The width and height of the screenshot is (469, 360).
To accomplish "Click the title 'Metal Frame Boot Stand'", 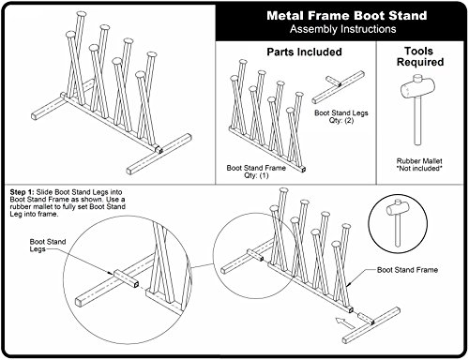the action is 347,15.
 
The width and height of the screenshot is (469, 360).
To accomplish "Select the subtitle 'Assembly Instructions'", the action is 342,29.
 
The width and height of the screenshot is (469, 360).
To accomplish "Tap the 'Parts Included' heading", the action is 304,52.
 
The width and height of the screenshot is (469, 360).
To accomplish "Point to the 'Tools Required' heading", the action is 420,56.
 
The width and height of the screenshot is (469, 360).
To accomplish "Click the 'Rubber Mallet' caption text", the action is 419,161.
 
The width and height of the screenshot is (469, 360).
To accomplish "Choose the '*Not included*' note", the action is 419,169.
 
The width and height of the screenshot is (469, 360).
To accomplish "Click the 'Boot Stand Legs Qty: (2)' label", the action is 341,116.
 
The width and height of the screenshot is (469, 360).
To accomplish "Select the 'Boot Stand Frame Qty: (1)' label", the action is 256,172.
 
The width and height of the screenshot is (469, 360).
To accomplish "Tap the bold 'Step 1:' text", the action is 22,192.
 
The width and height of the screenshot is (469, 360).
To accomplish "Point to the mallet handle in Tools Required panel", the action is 417,121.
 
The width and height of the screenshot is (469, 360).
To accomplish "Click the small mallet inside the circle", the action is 397,221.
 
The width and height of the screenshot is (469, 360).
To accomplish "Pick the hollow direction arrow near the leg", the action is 344,323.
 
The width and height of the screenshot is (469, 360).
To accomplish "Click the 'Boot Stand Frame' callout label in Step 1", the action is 407,270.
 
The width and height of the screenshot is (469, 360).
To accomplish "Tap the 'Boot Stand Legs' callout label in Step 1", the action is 48,246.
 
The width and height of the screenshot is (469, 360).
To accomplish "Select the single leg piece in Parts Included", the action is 339,87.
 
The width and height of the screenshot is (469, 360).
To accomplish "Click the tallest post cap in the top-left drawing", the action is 82,14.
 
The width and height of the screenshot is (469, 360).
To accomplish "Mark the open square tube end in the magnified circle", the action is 135,284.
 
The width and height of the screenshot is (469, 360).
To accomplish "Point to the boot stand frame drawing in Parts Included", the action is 266,115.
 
